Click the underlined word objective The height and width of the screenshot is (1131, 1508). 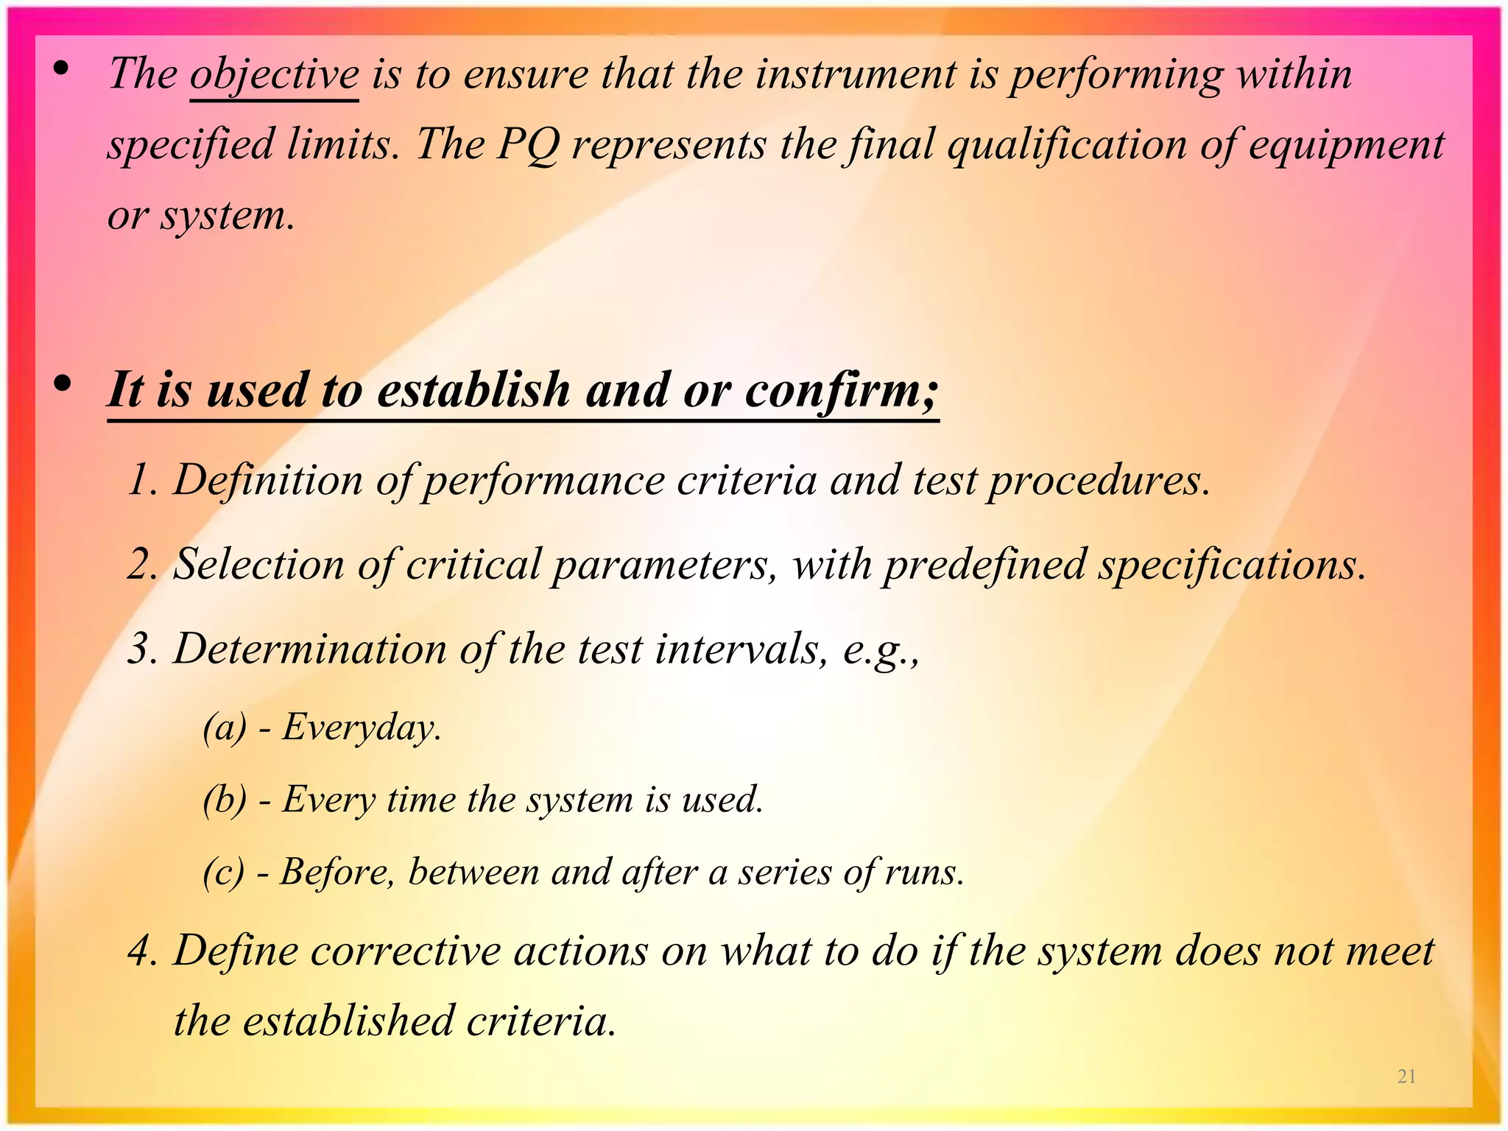pos(274,75)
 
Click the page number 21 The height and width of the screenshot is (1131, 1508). pos(1406,1077)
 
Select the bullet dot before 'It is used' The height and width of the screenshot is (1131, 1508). pos(62,384)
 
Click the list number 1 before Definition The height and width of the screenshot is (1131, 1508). pos(141,481)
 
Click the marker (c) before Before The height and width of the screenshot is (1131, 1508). pos(223,873)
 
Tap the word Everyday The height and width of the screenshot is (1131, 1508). pos(361,727)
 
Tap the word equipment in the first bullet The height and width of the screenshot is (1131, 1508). pos(1347,144)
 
